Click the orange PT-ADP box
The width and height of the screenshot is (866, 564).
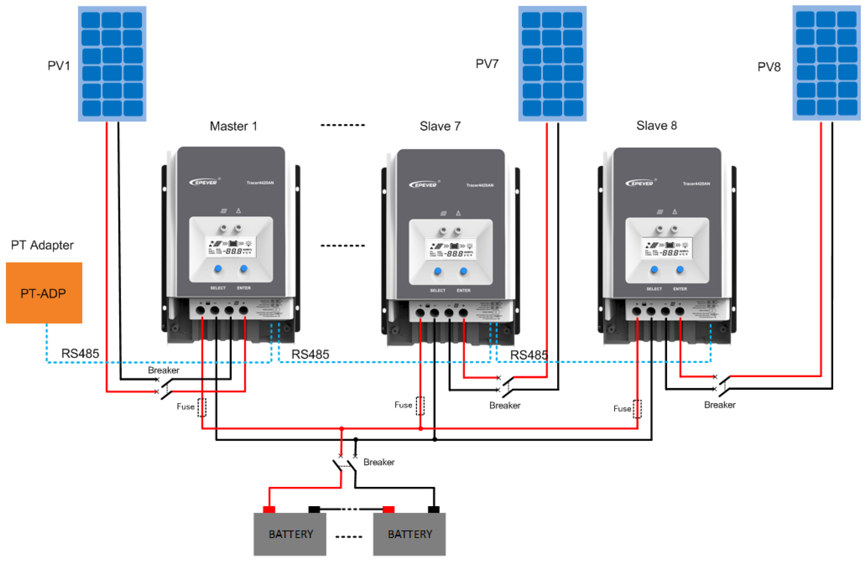click(x=44, y=293)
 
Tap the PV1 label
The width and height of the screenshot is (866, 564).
click(x=59, y=66)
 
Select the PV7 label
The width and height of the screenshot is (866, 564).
click(x=487, y=64)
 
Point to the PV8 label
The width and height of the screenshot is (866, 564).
click(x=769, y=67)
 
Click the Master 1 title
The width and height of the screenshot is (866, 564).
click(x=233, y=126)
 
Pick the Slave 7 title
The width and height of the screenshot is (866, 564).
click(x=440, y=126)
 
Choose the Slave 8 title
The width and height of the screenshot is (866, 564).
click(x=656, y=125)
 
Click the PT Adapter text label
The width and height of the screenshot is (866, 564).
click(x=42, y=245)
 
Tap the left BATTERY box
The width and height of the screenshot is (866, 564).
click(x=290, y=534)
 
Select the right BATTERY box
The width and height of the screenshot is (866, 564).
click(x=409, y=534)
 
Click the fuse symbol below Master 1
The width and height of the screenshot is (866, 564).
click(x=202, y=407)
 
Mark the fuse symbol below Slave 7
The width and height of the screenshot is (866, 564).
click(x=420, y=406)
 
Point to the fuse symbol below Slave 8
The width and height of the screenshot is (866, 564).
click(x=637, y=409)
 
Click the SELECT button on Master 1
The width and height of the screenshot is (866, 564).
click(x=218, y=269)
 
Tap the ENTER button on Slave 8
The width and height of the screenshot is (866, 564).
click(x=680, y=270)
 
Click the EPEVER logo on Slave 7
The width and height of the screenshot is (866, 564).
click(x=423, y=185)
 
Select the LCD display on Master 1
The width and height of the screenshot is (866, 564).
click(x=231, y=247)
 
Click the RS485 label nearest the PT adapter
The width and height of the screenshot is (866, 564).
click(x=80, y=354)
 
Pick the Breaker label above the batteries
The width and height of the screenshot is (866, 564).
click(x=379, y=462)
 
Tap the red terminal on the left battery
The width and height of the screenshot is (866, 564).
click(x=269, y=509)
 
